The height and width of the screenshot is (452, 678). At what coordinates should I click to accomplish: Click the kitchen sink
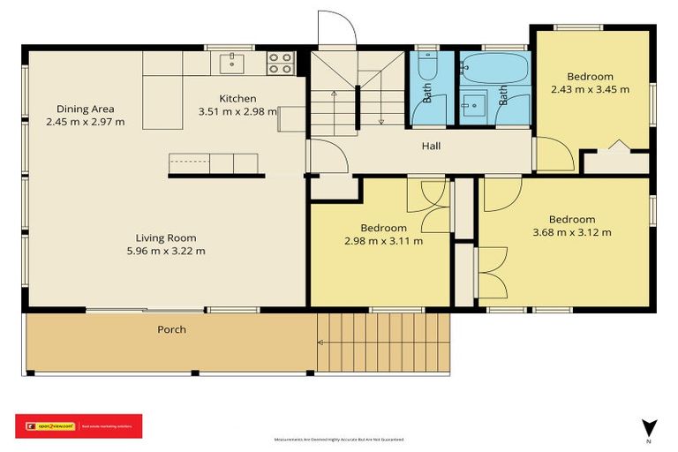[234, 62]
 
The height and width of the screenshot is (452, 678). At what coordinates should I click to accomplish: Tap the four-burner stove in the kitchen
[281, 63]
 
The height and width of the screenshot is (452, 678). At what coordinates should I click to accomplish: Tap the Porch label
[171, 330]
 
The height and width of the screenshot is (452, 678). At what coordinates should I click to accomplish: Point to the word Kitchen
[238, 98]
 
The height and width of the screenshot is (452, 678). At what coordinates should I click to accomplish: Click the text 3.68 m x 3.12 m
[571, 233]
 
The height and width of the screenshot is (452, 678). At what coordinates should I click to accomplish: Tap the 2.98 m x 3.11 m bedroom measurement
[383, 241]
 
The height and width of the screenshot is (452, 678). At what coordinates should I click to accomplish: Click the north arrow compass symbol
[649, 426]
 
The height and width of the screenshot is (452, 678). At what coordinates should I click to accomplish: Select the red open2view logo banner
[79, 426]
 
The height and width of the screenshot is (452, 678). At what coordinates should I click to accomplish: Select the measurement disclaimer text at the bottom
[339, 439]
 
